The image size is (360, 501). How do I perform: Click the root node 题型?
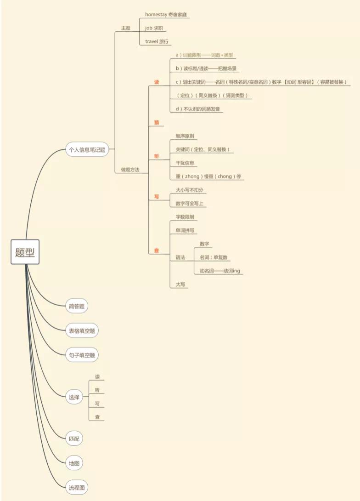point(25,252)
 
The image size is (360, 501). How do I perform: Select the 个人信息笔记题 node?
point(87,149)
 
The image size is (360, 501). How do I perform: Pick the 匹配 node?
point(74,438)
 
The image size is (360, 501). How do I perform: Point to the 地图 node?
point(74,463)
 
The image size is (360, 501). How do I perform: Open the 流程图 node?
point(77,488)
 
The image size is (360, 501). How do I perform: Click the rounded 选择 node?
point(74,398)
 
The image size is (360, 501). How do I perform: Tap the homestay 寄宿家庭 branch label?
point(166,15)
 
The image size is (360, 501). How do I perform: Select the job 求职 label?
point(154,28)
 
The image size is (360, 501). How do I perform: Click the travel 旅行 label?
point(157,41)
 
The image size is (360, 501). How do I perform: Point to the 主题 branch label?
point(125,28)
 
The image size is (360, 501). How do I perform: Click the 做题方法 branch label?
point(130,170)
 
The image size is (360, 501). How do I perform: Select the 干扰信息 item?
point(185,163)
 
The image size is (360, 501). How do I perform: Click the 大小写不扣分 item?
point(189,189)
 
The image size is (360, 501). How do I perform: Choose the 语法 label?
point(180,257)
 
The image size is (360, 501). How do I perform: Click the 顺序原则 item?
point(185,136)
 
